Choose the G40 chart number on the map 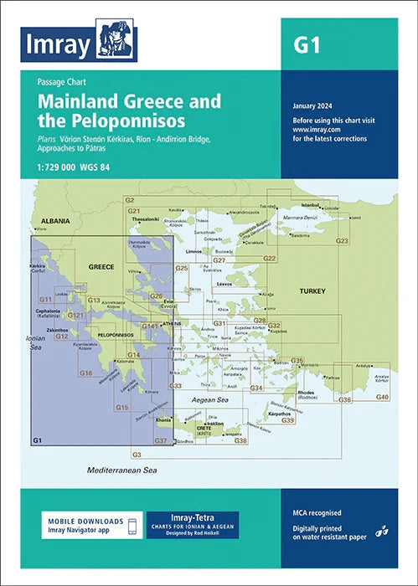click(x=382, y=395)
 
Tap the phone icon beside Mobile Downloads click(x=131, y=524)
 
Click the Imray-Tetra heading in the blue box click(x=192, y=517)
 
